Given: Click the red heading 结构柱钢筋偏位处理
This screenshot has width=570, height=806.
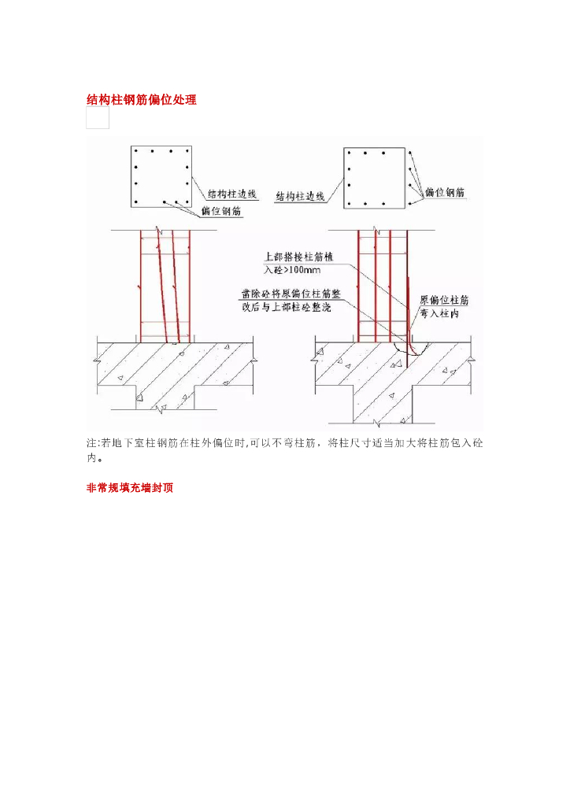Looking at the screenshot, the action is click(141, 101).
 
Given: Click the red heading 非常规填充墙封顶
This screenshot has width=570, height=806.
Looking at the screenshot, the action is click(130, 488).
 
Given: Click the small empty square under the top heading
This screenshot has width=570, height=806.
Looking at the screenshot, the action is click(98, 119).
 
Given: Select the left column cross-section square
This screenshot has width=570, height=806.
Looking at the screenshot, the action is click(162, 176).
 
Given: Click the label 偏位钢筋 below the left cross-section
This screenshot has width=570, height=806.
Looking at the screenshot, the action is click(221, 211).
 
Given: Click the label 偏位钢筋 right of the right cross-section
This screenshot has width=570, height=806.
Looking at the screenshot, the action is click(446, 192).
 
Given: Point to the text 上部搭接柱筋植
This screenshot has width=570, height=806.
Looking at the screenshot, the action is click(301, 257).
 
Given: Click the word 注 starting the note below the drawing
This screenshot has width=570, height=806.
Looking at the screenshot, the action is click(90, 443).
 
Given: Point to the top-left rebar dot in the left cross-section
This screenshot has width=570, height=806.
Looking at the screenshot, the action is click(136, 150).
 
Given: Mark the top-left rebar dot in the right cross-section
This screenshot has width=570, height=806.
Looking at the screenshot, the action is click(348, 152).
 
